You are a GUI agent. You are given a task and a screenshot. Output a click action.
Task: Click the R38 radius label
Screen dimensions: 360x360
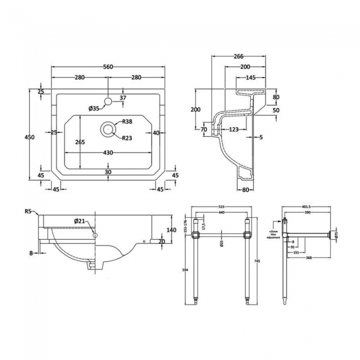click(x=127, y=122)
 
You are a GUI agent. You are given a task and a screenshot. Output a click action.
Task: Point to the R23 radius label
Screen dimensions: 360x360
click(x=127, y=138)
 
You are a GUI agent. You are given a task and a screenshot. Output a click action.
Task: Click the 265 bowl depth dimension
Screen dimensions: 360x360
click(x=80, y=142)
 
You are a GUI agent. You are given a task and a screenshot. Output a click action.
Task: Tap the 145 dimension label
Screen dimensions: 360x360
click(x=250, y=78)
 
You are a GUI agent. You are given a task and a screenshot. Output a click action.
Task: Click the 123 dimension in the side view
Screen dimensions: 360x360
click(x=234, y=130)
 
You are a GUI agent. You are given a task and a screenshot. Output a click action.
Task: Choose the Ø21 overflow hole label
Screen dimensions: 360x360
click(x=81, y=222)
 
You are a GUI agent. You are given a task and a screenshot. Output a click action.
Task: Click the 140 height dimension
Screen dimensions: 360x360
click(x=171, y=230)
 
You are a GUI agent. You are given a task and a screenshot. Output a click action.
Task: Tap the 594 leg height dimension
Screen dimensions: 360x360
click(x=183, y=270)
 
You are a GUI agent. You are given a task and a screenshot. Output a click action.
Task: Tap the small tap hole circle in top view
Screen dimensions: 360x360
click(x=109, y=101)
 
